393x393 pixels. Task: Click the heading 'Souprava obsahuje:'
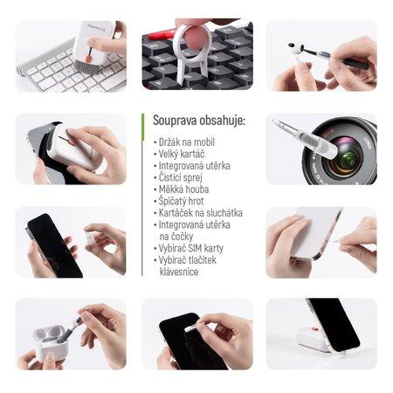[x=199, y=121]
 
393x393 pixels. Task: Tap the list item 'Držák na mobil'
[x=187, y=142]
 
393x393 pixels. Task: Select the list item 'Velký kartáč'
[x=182, y=154]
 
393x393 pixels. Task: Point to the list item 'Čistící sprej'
[x=181, y=177]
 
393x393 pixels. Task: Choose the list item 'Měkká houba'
[x=183, y=190]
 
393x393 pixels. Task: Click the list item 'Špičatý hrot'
[x=181, y=201]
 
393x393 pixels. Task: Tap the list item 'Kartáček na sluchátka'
[x=201, y=213]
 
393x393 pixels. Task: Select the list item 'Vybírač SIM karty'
[x=191, y=248]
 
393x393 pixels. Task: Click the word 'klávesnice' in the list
[x=179, y=272]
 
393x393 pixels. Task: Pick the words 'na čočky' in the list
[x=176, y=237]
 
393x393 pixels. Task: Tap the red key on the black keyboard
[x=159, y=36]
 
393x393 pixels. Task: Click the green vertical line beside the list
[x=142, y=195]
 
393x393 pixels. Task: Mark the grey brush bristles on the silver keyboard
[x=83, y=65]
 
